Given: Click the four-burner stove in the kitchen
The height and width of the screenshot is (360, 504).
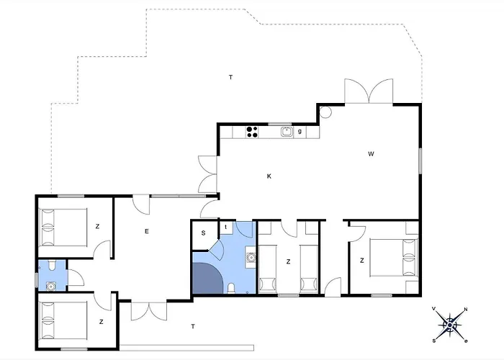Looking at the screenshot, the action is pos(252,132).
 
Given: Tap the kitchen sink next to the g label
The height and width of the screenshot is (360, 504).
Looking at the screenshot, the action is pos(287,132).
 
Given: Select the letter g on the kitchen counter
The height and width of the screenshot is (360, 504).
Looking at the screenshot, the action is pos(300,131).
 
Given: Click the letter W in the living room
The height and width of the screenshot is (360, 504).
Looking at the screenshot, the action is pos(371,154).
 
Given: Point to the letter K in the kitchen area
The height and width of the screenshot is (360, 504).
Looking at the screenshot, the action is pos(269,176).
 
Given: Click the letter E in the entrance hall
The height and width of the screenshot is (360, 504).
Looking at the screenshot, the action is pos(147,231).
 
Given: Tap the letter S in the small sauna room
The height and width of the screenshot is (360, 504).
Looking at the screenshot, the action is pos(203,233).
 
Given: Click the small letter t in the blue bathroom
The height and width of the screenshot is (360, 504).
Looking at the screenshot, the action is pos(226,227).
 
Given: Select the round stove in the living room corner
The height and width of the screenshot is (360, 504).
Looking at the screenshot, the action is pos(325,112).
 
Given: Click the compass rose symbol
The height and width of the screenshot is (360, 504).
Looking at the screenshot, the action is pos(450,325).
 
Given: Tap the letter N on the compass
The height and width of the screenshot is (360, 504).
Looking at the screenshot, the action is pos(466,310).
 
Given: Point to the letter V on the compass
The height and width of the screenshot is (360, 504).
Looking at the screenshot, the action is pos(434,309).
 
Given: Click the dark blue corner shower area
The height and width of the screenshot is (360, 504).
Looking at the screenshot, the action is pos(207,279).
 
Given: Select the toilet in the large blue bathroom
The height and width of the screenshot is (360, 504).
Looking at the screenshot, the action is pos(231,288).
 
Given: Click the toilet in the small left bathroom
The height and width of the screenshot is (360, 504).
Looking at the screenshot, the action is pos(52,265).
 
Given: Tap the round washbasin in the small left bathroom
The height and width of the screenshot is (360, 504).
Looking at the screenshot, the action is pos(51,286).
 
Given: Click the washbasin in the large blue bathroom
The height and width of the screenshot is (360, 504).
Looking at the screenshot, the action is pos(251,257).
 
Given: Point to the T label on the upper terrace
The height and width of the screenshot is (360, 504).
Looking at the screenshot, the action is pos(230,77).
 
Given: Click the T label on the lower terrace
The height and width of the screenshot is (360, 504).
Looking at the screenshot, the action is pos(193,327).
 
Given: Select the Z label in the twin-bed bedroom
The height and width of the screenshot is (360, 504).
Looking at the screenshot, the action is pos(288,261).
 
